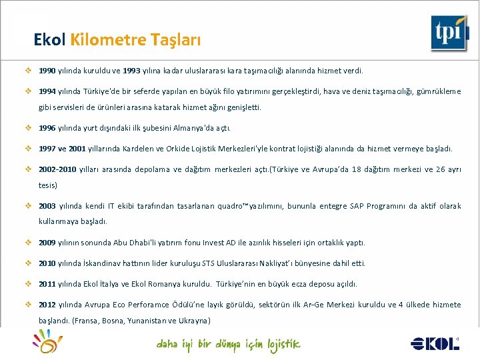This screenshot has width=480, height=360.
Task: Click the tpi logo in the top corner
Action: coord(448,33)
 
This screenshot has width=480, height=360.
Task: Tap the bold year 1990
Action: coord(47,70)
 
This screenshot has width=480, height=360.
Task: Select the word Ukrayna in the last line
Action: coord(194,321)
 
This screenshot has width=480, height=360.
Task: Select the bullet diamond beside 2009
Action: coord(29,243)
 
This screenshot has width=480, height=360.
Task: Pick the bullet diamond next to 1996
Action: coord(29,128)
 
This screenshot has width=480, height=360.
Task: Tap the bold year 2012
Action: coord(47,305)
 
